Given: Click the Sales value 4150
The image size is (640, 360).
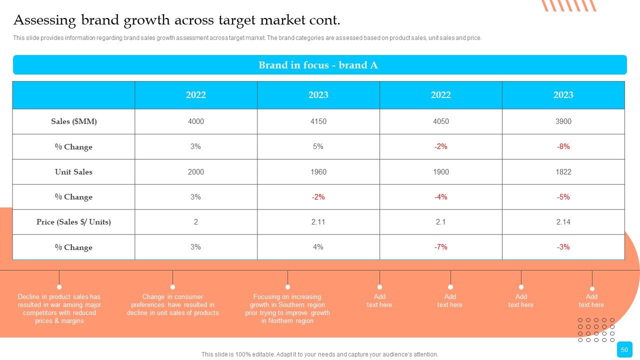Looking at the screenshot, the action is (318, 121).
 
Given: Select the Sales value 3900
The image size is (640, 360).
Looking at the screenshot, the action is (563, 121).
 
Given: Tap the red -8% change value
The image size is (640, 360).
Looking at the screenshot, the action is (563, 146).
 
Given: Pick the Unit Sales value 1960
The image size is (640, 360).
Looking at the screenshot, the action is (318, 171).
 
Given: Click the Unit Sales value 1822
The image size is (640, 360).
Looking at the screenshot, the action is (563, 171).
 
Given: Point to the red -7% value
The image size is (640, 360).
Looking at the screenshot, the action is (440, 247).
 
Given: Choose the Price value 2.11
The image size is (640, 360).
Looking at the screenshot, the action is (318, 222).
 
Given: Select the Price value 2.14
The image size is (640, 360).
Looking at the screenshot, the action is (563, 222).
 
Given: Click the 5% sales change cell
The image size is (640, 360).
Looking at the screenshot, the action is (318, 146).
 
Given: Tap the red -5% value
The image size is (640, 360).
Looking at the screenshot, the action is (563, 197).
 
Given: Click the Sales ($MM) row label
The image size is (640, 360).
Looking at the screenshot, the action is (73, 121).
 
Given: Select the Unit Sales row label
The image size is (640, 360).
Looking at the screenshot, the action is (73, 171).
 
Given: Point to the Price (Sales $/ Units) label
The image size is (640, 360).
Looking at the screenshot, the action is (73, 222).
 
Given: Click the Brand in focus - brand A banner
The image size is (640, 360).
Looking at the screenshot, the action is (320, 65).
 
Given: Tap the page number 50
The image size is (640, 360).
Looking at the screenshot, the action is (624, 349).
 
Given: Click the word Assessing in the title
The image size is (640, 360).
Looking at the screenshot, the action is (44, 20).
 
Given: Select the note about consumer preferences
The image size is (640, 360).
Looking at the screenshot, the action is (172, 305).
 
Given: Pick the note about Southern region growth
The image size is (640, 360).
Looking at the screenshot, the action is (287, 309).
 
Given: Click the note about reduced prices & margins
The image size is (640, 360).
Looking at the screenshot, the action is (59, 309).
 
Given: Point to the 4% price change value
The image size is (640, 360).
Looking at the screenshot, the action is (318, 247).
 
